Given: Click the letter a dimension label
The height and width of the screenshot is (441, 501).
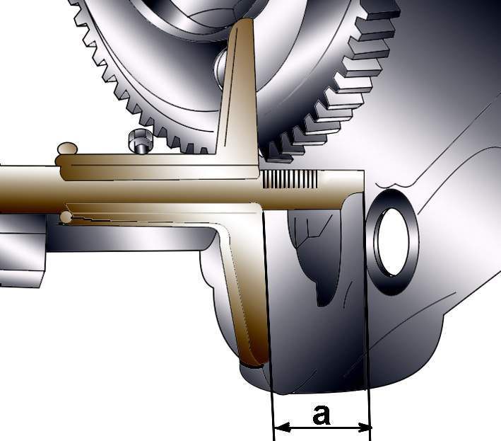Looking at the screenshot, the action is (322, 415).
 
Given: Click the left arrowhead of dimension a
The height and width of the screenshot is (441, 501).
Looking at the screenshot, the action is (282, 428).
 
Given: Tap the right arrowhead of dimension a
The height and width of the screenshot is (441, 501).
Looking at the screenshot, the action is (364, 428).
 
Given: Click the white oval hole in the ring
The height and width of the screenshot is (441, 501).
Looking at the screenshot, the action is (393, 241).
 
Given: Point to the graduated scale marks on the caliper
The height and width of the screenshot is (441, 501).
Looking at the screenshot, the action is (290, 179).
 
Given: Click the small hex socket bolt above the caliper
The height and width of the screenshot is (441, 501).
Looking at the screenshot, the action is (140, 141).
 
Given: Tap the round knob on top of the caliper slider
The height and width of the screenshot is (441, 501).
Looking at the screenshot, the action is (68, 148).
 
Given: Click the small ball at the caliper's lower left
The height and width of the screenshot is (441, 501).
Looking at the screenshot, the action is (66, 217).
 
